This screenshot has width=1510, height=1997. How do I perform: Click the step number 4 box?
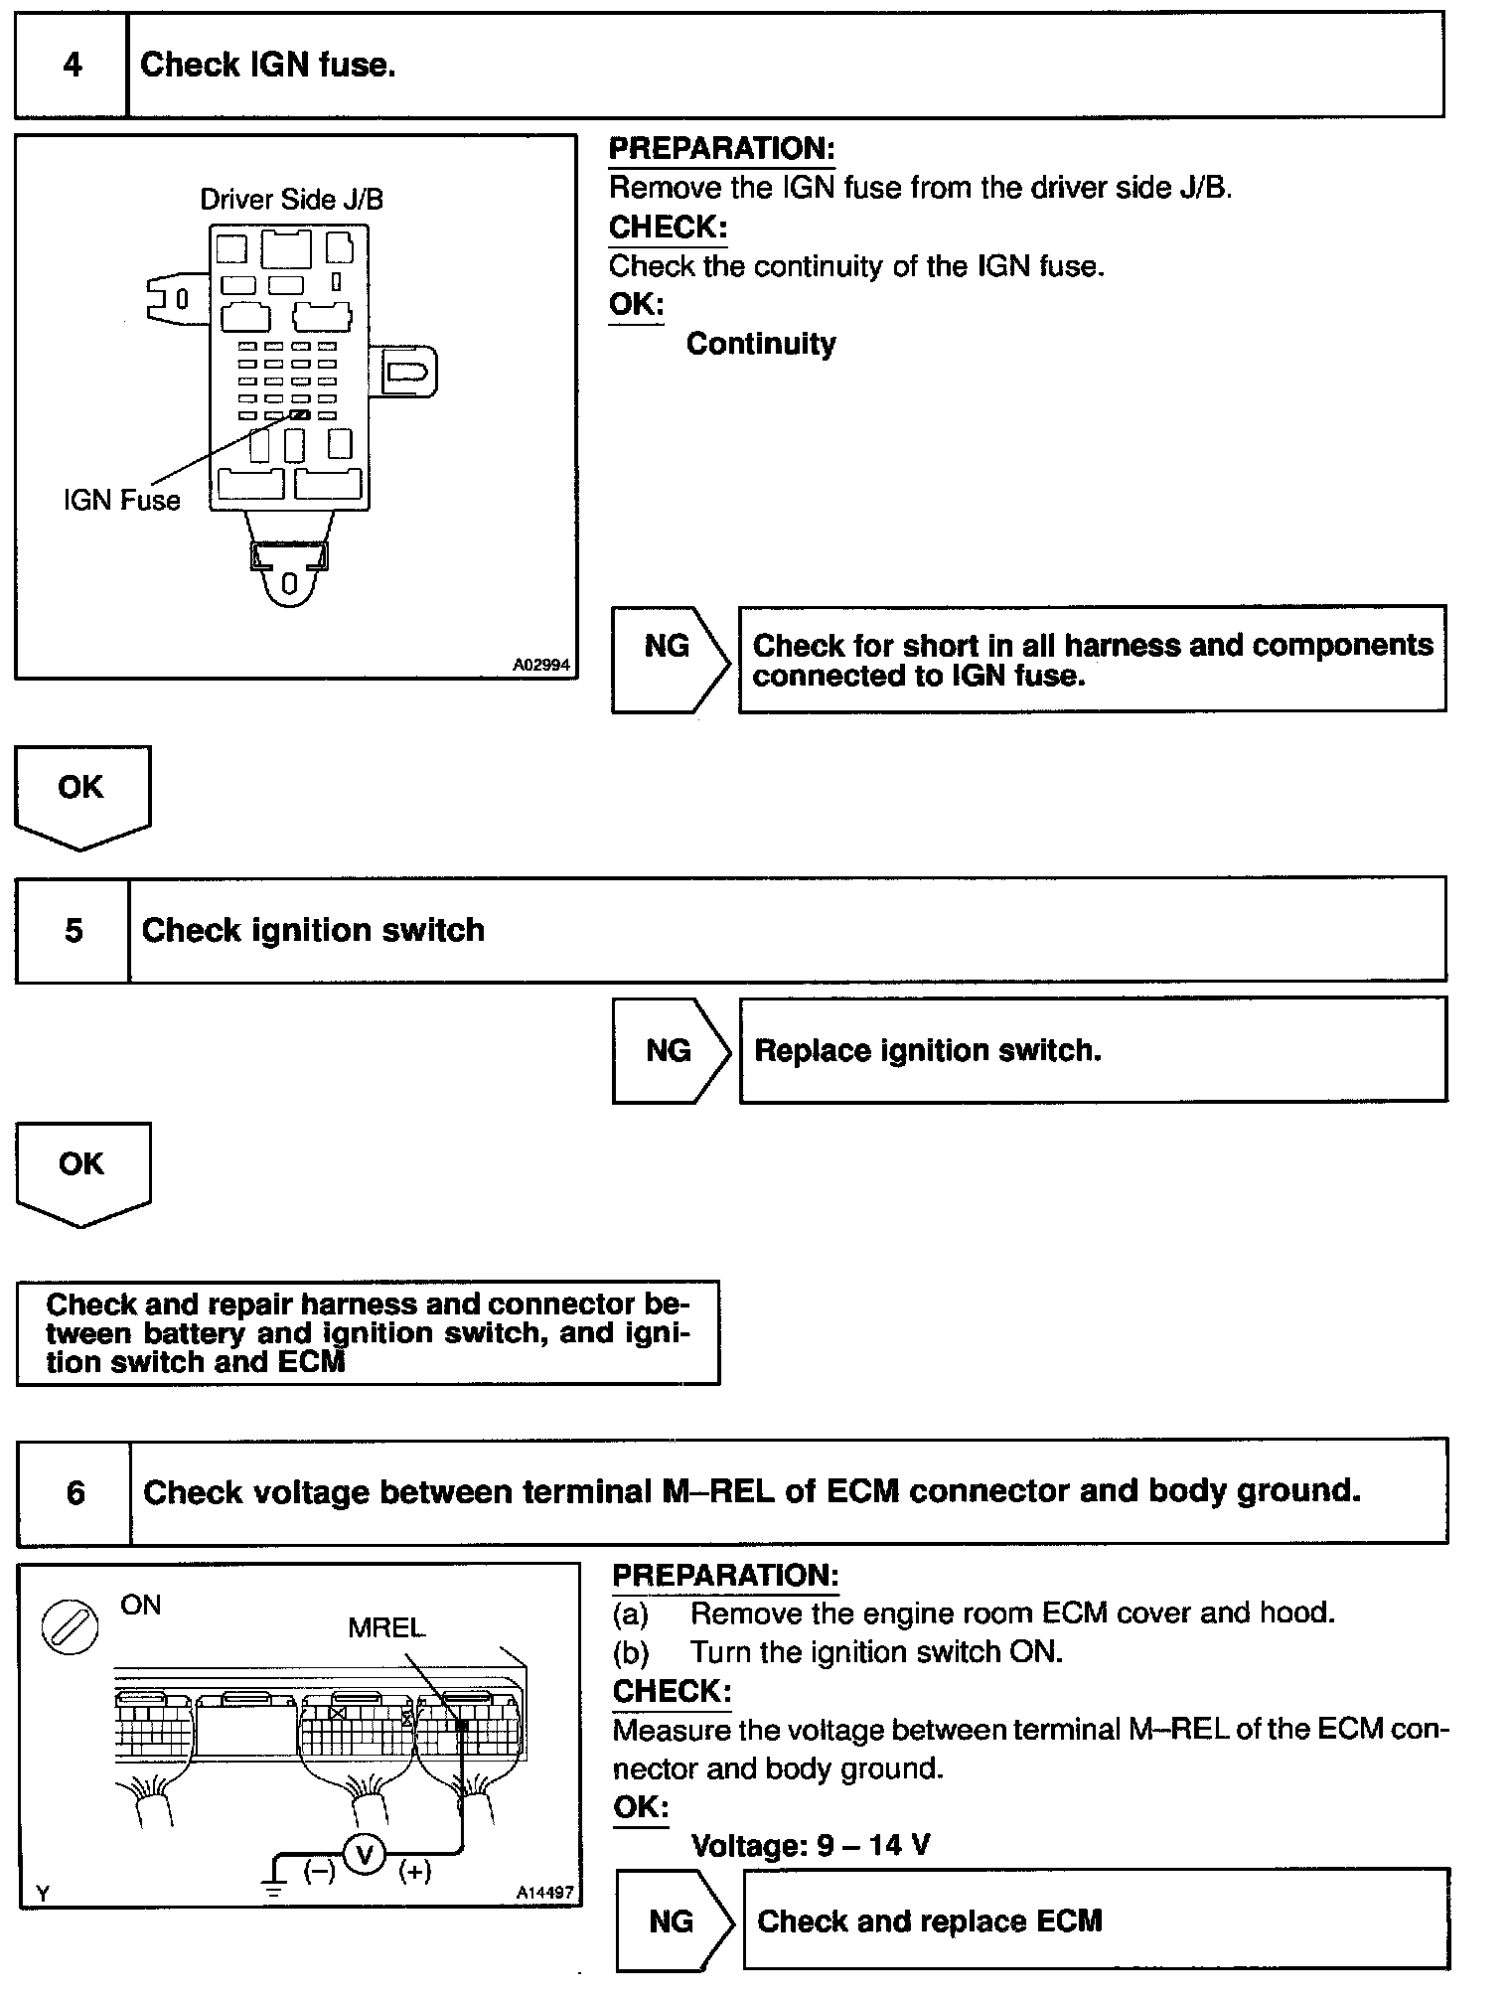click(72, 66)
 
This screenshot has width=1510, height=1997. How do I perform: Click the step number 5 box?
click(73, 931)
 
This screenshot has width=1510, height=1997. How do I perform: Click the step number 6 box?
click(75, 1493)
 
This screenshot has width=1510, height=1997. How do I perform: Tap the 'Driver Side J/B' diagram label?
click(291, 200)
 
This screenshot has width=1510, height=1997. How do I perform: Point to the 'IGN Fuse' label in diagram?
click(121, 500)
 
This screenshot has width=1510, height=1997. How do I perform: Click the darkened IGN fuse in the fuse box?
click(300, 414)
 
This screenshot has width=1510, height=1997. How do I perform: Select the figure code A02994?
click(541, 665)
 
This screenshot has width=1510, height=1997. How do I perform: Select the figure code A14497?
click(544, 1894)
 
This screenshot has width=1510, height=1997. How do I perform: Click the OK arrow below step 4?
click(81, 795)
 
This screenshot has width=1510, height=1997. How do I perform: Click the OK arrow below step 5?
click(81, 1171)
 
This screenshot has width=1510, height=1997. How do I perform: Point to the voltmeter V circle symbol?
click(365, 1854)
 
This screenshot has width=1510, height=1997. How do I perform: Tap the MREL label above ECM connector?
click(385, 1628)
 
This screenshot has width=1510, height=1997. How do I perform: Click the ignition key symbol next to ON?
click(70, 1630)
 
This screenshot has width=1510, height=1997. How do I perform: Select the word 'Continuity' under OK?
click(761, 345)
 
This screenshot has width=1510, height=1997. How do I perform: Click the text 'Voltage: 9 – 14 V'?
click(810, 1846)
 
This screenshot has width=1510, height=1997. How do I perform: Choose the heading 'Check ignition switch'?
click(313, 931)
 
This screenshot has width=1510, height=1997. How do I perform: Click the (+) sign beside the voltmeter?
click(414, 1873)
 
